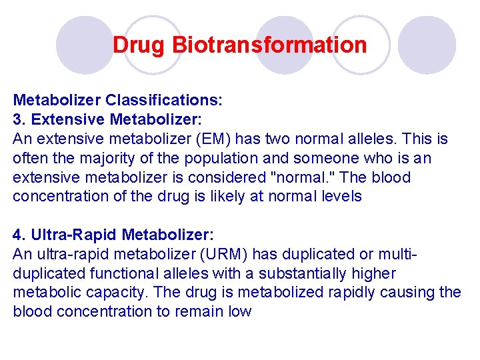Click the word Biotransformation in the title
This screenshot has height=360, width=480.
(269, 45)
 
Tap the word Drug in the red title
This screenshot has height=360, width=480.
(139, 45)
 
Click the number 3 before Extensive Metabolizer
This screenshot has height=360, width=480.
(17, 120)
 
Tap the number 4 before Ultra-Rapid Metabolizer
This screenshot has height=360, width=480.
(17, 235)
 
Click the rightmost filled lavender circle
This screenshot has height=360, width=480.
(427, 45)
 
